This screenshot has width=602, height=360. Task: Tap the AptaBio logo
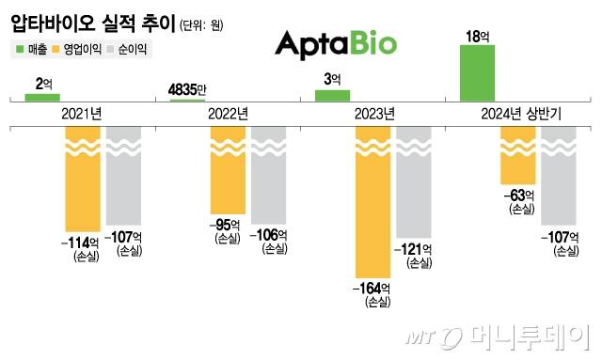(x=335, y=43)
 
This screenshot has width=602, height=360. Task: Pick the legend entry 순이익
(x=131, y=48)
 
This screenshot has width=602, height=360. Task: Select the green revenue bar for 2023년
(x=332, y=95)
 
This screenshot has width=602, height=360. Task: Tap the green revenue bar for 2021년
(x=42, y=97)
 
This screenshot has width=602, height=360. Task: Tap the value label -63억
(x=519, y=196)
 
